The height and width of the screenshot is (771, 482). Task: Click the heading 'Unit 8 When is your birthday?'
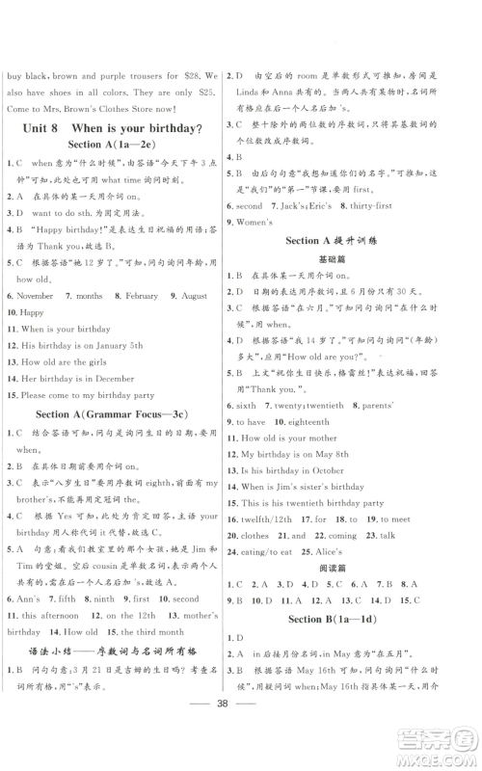118,128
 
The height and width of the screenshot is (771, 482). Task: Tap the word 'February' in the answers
141,296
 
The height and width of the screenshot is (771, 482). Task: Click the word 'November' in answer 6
36,296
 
